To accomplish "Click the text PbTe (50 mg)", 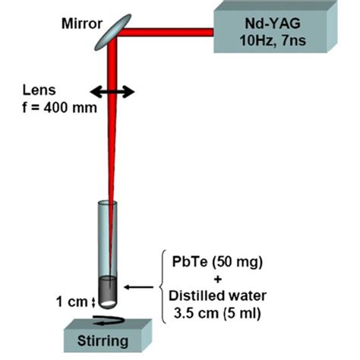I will click(x=216, y=264).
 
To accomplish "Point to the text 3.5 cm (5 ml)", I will click(x=216, y=311).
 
